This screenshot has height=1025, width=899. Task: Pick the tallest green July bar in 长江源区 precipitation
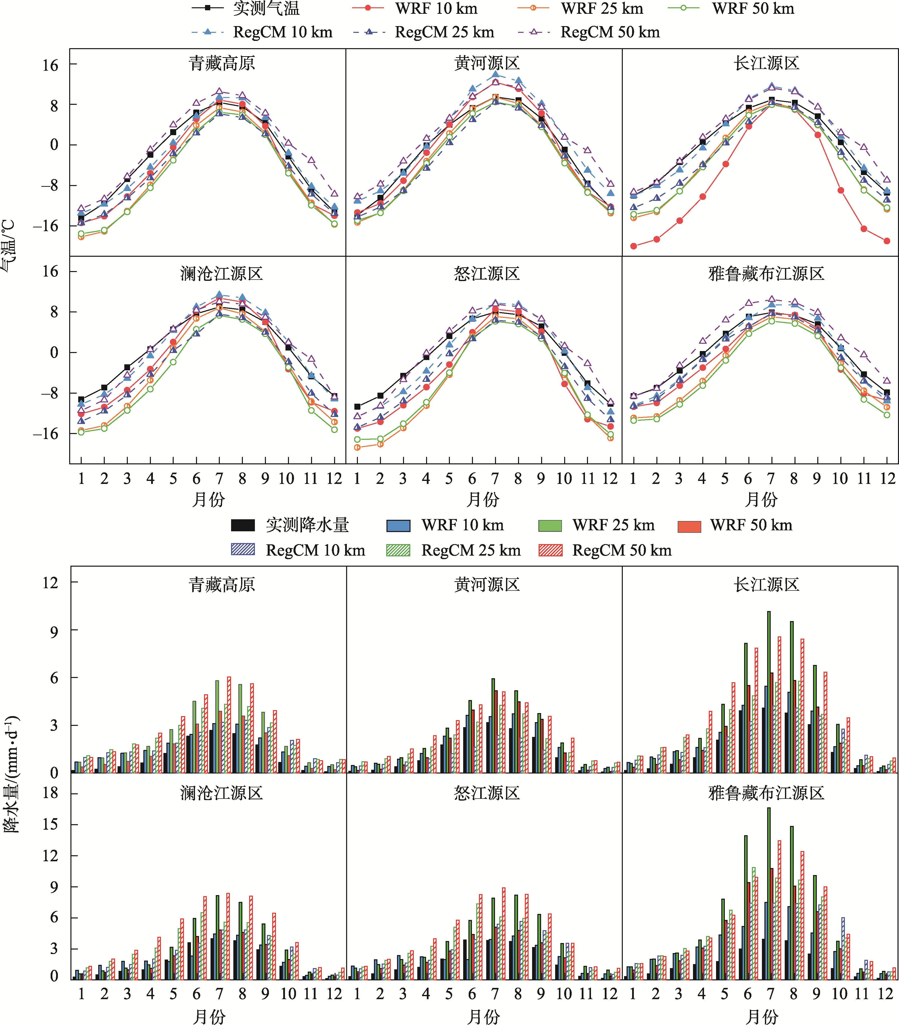tap(769, 692)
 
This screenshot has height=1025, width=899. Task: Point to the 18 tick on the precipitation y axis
tap(50, 793)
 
